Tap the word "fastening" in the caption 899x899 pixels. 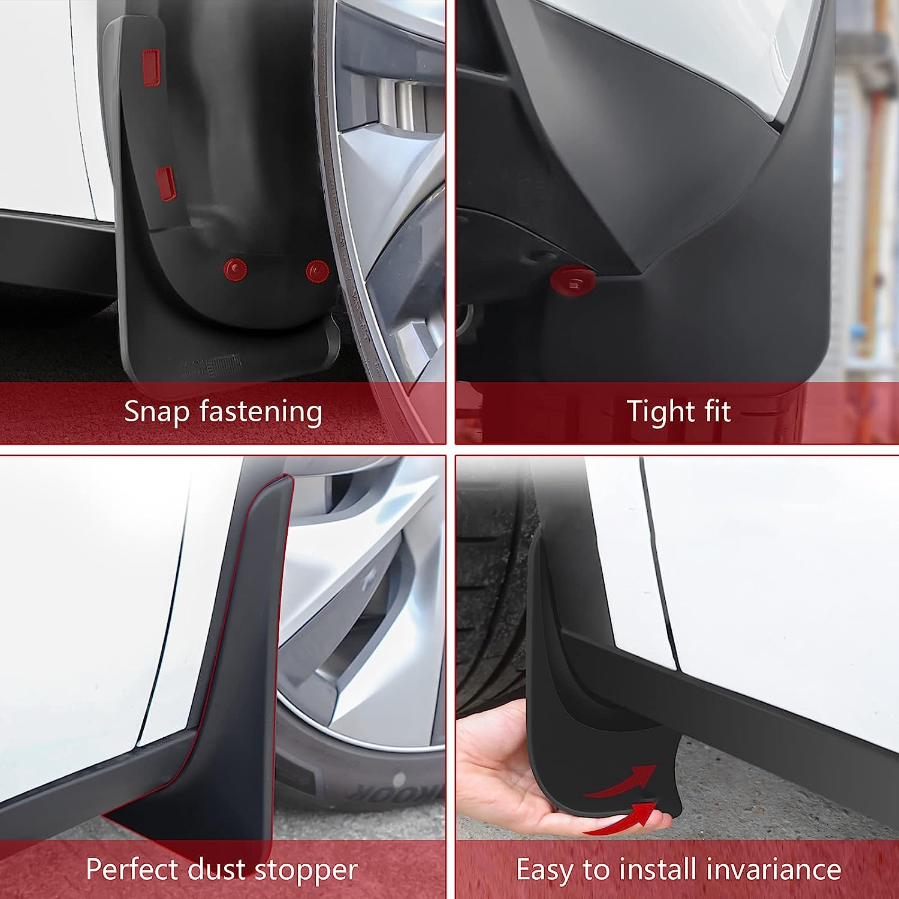[261, 412]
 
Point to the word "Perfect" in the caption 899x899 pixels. [132, 870]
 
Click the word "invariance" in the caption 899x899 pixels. [774, 870]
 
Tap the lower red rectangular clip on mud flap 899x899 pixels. [165, 183]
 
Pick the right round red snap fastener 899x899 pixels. [316, 271]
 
